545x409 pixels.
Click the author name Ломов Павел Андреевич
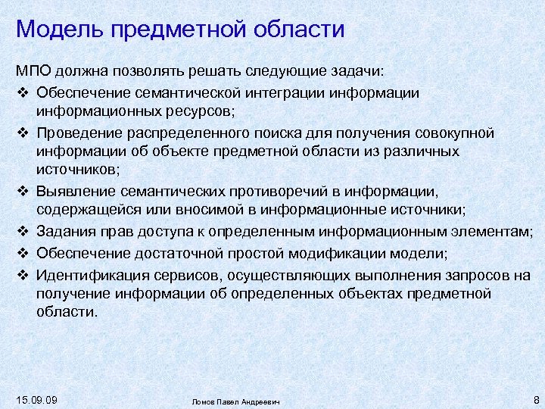[235, 401]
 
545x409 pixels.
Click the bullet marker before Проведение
[22, 133]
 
